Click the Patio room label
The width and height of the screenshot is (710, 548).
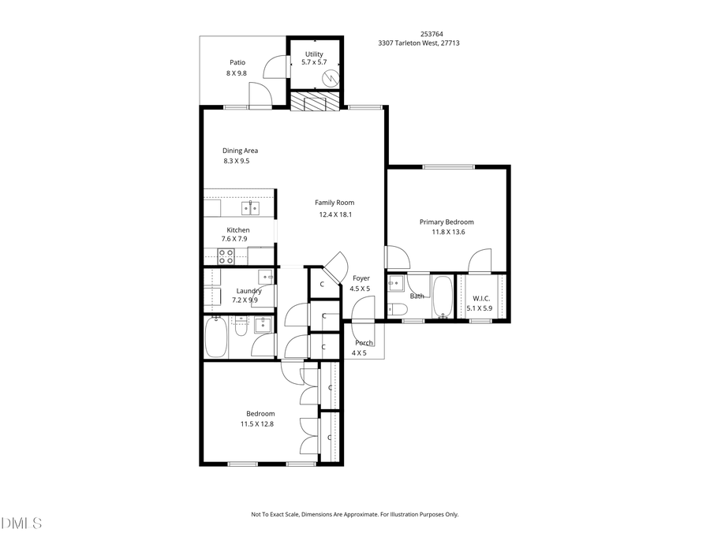pos(237,62)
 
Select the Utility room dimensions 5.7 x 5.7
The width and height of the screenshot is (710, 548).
pos(314,63)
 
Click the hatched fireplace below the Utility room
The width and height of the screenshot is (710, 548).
pos(315,103)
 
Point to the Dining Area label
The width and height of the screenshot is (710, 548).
pos(240,151)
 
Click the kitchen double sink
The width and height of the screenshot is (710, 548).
pos(250,208)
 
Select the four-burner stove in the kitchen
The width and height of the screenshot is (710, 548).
pos(226,256)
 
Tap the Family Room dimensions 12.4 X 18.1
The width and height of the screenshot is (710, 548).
pos(335,214)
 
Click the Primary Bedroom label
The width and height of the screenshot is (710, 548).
pos(447,222)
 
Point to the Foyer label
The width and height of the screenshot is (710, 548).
pos(361,278)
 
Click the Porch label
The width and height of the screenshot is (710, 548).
pos(364,343)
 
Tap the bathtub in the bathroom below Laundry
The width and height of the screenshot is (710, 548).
pos(217,337)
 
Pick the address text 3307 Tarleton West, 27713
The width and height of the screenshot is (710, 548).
pos(419,43)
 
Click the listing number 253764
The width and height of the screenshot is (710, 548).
pos(431,34)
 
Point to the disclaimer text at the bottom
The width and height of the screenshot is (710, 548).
pos(354,514)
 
